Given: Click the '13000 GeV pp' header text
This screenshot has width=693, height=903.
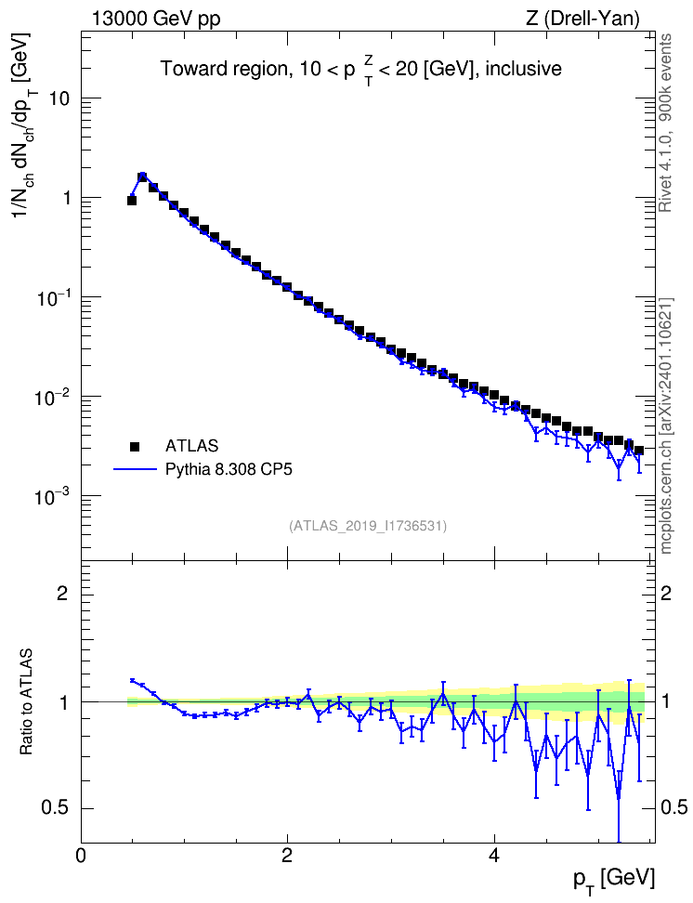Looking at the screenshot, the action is pyautogui.click(x=156, y=20).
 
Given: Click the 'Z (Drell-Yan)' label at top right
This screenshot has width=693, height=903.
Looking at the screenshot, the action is pyautogui.click(x=582, y=20).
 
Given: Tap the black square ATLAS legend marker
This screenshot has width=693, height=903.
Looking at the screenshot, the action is pyautogui.click(x=135, y=446).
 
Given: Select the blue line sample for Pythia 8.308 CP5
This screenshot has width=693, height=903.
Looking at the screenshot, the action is pyautogui.click(x=135, y=470).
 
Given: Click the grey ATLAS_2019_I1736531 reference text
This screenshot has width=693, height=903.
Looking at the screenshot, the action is pyautogui.click(x=368, y=526).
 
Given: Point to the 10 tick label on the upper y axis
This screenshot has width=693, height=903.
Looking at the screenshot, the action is pyautogui.click(x=58, y=98).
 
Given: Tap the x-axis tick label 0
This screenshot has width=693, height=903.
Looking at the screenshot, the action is pyautogui.click(x=81, y=856).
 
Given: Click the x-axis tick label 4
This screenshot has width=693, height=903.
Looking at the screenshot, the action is pyautogui.click(x=494, y=856).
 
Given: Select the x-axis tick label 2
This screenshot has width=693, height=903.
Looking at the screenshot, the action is pyautogui.click(x=287, y=856).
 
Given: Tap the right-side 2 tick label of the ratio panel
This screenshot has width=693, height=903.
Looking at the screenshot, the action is pyautogui.click(x=666, y=593).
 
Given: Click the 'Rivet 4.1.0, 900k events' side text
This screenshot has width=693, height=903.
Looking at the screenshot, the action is pyautogui.click(x=665, y=123).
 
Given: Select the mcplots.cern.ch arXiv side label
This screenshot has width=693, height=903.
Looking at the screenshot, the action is pyautogui.click(x=665, y=426).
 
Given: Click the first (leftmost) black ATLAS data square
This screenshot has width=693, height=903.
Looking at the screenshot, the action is pyautogui.click(x=131, y=201).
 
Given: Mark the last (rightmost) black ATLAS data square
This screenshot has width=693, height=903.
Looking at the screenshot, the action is pyautogui.click(x=638, y=451).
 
